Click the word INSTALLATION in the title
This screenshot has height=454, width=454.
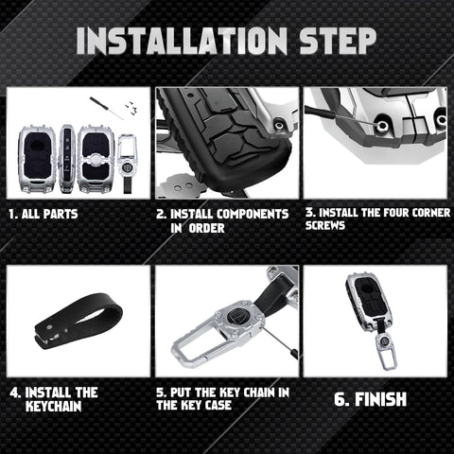click(x=182, y=41)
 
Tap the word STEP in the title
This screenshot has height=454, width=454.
click(x=338, y=41)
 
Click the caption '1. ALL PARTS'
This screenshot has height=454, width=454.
click(x=44, y=214)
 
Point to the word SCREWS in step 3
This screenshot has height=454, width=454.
click(x=325, y=225)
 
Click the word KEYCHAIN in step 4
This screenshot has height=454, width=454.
click(x=53, y=406)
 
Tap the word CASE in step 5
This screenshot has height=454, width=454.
click(x=218, y=405)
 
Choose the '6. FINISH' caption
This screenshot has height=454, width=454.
click(x=370, y=399)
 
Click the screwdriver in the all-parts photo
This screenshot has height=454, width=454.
click(x=107, y=108)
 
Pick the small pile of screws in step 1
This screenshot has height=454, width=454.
click(x=131, y=107)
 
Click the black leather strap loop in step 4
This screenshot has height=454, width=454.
click(x=79, y=321)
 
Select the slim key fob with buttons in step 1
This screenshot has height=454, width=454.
click(x=66, y=159)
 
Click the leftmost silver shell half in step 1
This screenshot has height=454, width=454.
click(x=38, y=159)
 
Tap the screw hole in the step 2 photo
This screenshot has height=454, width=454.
click(x=279, y=125)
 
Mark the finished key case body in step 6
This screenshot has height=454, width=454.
click(x=369, y=302)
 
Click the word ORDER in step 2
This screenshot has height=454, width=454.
click(x=206, y=228)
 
